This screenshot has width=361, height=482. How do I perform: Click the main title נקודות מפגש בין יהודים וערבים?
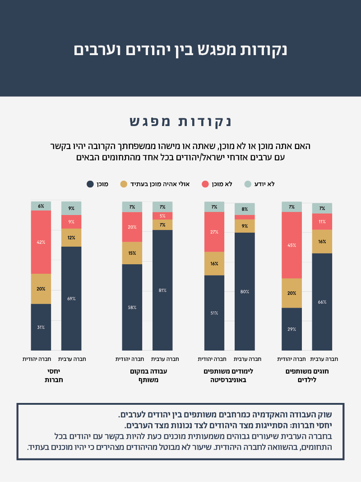tap(180, 50)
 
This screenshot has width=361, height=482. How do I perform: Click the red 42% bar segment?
tap(41, 242)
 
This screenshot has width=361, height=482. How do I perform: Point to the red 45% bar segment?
tap(292, 245)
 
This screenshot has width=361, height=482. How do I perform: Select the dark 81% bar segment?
tap(162, 290)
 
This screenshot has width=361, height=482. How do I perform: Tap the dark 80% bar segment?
tap(245, 291)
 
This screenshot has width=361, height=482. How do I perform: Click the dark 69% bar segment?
tap(71, 298)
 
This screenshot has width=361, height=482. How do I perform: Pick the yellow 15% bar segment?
tap(132, 253)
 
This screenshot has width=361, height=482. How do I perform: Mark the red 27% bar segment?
tap(214, 232)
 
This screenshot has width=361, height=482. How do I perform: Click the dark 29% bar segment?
tap(292, 329)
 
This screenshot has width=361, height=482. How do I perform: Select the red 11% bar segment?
tap(322, 222)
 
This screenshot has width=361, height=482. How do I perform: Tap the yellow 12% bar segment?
tap(71, 238)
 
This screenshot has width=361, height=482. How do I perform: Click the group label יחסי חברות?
tap(54, 375)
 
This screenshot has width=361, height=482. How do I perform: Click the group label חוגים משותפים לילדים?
tap(307, 375)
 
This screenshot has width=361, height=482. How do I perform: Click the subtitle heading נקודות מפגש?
tap(180, 122)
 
